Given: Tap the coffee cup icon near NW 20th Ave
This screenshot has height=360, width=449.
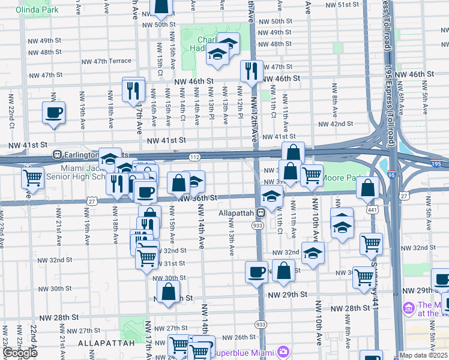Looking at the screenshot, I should tap(53, 113).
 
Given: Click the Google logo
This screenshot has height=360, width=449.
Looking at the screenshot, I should tap(20, 353).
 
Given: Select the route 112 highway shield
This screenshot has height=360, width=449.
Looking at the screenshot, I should tap(194, 157).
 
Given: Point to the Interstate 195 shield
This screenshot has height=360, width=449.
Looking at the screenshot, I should tap(436, 163).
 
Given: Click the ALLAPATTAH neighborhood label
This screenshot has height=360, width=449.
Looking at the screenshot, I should tap(103, 343).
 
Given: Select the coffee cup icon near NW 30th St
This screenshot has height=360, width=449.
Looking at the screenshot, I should tap(256, 272).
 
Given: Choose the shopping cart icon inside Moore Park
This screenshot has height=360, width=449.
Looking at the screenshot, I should tap(312, 175).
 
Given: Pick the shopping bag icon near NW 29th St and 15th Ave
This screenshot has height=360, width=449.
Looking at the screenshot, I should tap(169, 292).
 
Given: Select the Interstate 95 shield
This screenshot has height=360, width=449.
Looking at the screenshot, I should tap(391, 175).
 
